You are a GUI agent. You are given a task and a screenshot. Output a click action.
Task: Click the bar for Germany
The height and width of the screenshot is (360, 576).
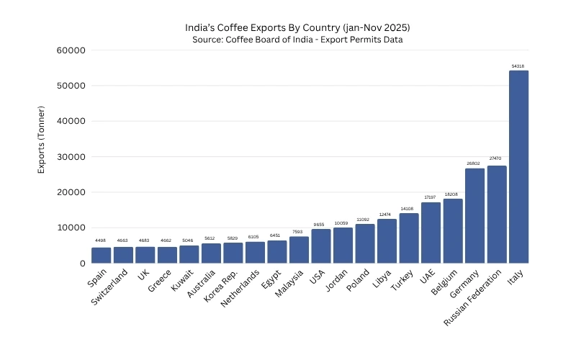[474, 216]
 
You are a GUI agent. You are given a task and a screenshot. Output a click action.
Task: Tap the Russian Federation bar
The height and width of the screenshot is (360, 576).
[497, 215]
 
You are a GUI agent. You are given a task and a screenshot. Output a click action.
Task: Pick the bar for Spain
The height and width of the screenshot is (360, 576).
[101, 256]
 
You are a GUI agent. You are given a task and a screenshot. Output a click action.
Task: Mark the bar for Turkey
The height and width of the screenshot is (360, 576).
[409, 238]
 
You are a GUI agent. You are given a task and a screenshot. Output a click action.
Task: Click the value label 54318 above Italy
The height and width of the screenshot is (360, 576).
[518, 66]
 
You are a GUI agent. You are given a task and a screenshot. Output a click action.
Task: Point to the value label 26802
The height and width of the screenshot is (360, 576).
[474, 163]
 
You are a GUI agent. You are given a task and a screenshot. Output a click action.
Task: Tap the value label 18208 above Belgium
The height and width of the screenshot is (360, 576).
[453, 194]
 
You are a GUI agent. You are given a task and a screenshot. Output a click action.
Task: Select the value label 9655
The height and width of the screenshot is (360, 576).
[321, 225]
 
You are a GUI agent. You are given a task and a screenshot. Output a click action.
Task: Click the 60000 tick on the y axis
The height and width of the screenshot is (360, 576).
[71, 50]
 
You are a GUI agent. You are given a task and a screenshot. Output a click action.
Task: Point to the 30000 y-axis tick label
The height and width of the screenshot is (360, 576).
[71, 157]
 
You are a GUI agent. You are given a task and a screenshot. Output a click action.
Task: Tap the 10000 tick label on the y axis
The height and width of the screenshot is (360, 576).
[71, 228]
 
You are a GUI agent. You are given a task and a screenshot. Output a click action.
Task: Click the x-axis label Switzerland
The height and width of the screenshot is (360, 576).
[111, 287]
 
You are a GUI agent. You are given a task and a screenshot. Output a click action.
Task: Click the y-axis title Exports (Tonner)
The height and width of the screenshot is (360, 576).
[42, 140]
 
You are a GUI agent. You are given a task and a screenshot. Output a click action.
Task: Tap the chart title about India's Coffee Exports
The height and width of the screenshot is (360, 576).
[297, 27]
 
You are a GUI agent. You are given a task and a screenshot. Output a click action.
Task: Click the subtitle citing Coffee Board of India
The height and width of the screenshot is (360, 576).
[297, 40]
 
